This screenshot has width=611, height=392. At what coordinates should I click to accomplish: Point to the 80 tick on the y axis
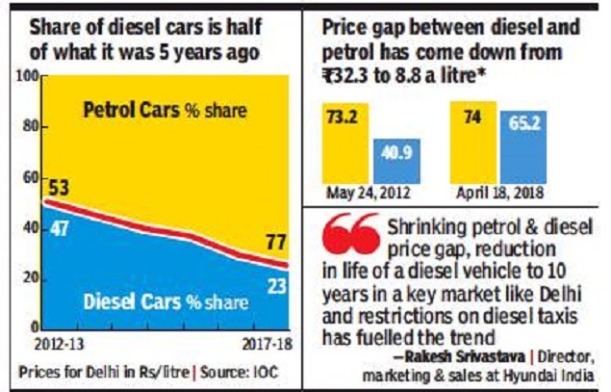30,126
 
